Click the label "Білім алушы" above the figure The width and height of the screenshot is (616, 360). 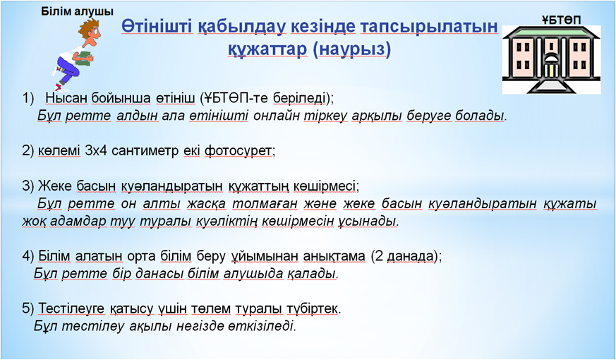pos(77,11)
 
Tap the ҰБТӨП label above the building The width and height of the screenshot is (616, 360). pos(562,20)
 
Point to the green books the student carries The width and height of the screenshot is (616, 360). pos(85,58)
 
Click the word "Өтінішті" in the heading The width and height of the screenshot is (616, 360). pos(157,27)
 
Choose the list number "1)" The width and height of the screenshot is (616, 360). pos(29,98)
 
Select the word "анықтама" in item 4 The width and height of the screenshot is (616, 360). pos(334,257)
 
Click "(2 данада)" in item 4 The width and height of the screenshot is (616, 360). pos(404,257)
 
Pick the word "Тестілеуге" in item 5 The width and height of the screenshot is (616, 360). pos(71,309)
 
